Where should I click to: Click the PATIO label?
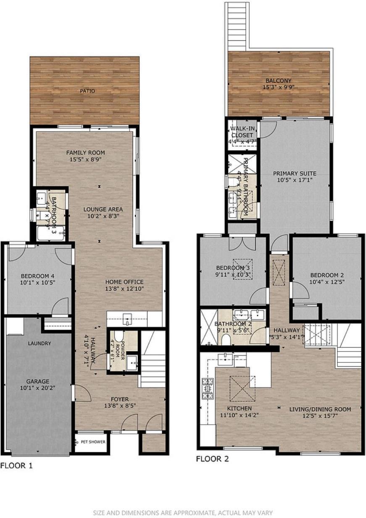tap(88, 91)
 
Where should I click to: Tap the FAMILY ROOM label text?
tap(85, 153)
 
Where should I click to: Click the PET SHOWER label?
tap(92, 442)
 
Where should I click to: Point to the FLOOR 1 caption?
tap(16, 466)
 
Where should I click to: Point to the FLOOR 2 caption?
tap(212, 459)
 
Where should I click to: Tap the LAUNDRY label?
tap(39, 344)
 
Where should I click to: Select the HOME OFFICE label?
tap(124, 282)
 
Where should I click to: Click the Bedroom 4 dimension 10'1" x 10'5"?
tap(38, 283)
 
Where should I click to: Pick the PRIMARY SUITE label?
tap(295, 173)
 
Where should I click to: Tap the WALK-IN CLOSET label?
tap(242, 132)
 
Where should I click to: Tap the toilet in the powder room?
tap(118, 336)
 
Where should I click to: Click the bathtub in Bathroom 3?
tap(50, 233)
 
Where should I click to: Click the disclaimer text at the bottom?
tap(183, 513)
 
